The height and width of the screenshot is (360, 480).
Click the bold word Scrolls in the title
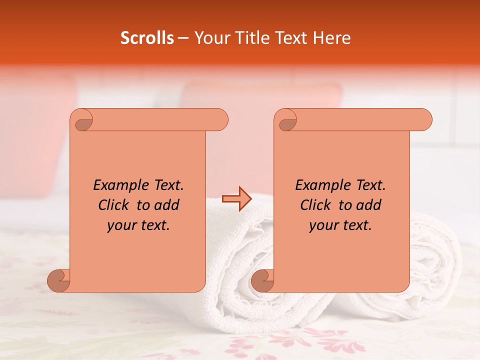(147, 38)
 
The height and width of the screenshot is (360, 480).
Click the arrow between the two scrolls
(237, 199)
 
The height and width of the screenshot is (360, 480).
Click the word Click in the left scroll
(114, 205)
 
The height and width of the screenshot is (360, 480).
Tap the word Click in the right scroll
(315, 205)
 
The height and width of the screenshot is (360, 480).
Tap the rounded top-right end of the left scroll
(220, 120)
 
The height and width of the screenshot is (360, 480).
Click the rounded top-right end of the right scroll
(424, 120)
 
